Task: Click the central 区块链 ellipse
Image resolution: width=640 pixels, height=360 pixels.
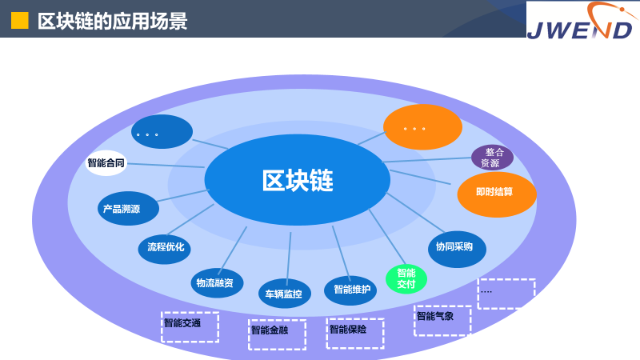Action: click(x=298, y=180)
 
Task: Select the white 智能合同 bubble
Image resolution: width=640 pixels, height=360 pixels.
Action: click(x=106, y=162)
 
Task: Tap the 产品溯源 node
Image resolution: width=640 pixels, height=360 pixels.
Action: click(x=128, y=209)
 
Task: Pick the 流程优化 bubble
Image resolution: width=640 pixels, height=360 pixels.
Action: click(x=165, y=247)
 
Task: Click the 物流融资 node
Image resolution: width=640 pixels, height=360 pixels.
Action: click(x=217, y=282)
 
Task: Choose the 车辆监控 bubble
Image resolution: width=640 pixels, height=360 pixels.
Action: click(x=284, y=294)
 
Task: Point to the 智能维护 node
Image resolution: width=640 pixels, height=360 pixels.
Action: click(x=350, y=290)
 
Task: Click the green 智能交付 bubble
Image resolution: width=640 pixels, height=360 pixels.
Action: click(x=406, y=278)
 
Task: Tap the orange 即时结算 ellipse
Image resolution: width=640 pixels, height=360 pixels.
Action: click(x=496, y=194)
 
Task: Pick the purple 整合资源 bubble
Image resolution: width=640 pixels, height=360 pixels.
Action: click(x=492, y=157)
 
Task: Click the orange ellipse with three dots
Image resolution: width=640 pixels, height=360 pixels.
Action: click(x=422, y=128)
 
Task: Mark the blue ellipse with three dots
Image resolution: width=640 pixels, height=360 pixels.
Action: click(x=162, y=132)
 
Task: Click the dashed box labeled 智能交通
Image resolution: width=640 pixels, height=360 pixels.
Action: click(x=190, y=326)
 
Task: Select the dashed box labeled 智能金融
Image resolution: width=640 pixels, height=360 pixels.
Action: click(x=277, y=334)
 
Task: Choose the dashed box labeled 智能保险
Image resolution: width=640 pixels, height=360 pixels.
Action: click(x=355, y=333)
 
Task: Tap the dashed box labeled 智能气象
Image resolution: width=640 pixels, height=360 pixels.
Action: click(x=442, y=320)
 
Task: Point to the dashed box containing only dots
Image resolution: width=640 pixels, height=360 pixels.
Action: click(x=506, y=294)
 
